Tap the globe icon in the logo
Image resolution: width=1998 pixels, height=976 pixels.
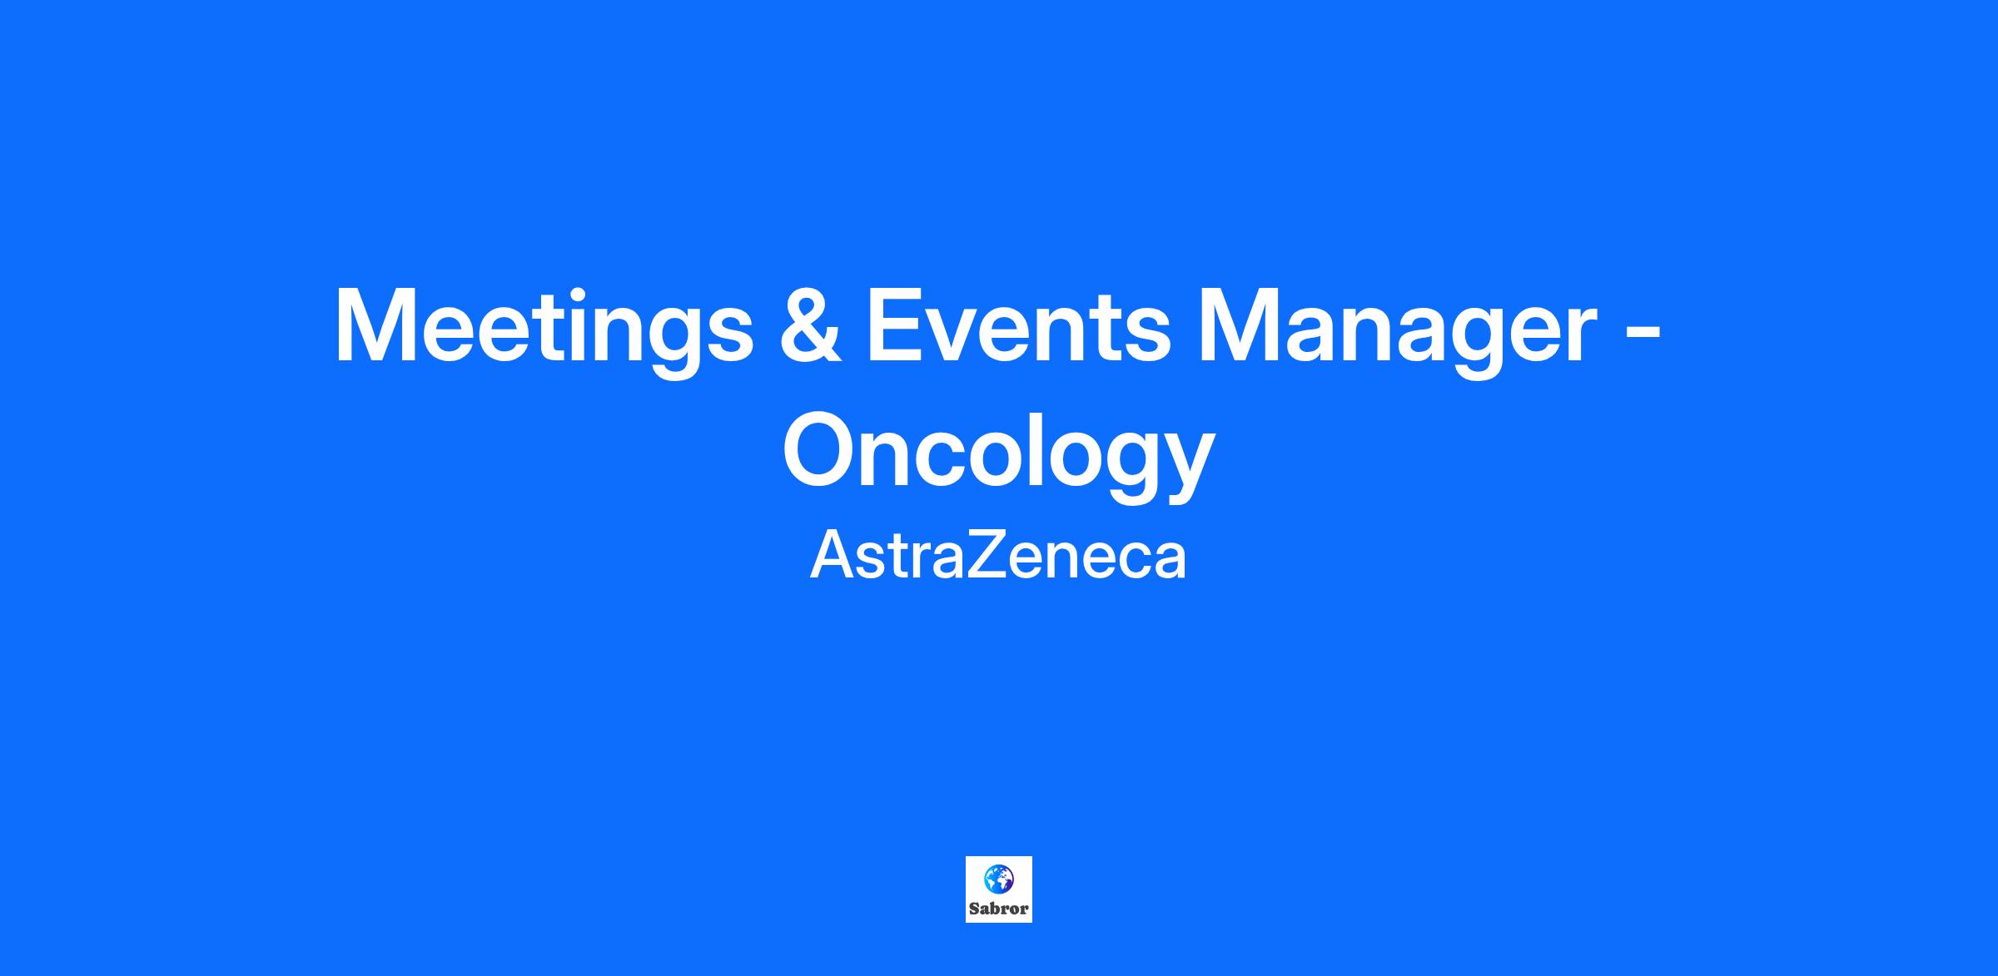click(998, 879)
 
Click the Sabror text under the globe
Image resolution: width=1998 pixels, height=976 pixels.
click(999, 909)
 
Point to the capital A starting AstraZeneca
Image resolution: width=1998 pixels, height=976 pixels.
click(832, 556)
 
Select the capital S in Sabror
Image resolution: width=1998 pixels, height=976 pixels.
click(974, 909)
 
